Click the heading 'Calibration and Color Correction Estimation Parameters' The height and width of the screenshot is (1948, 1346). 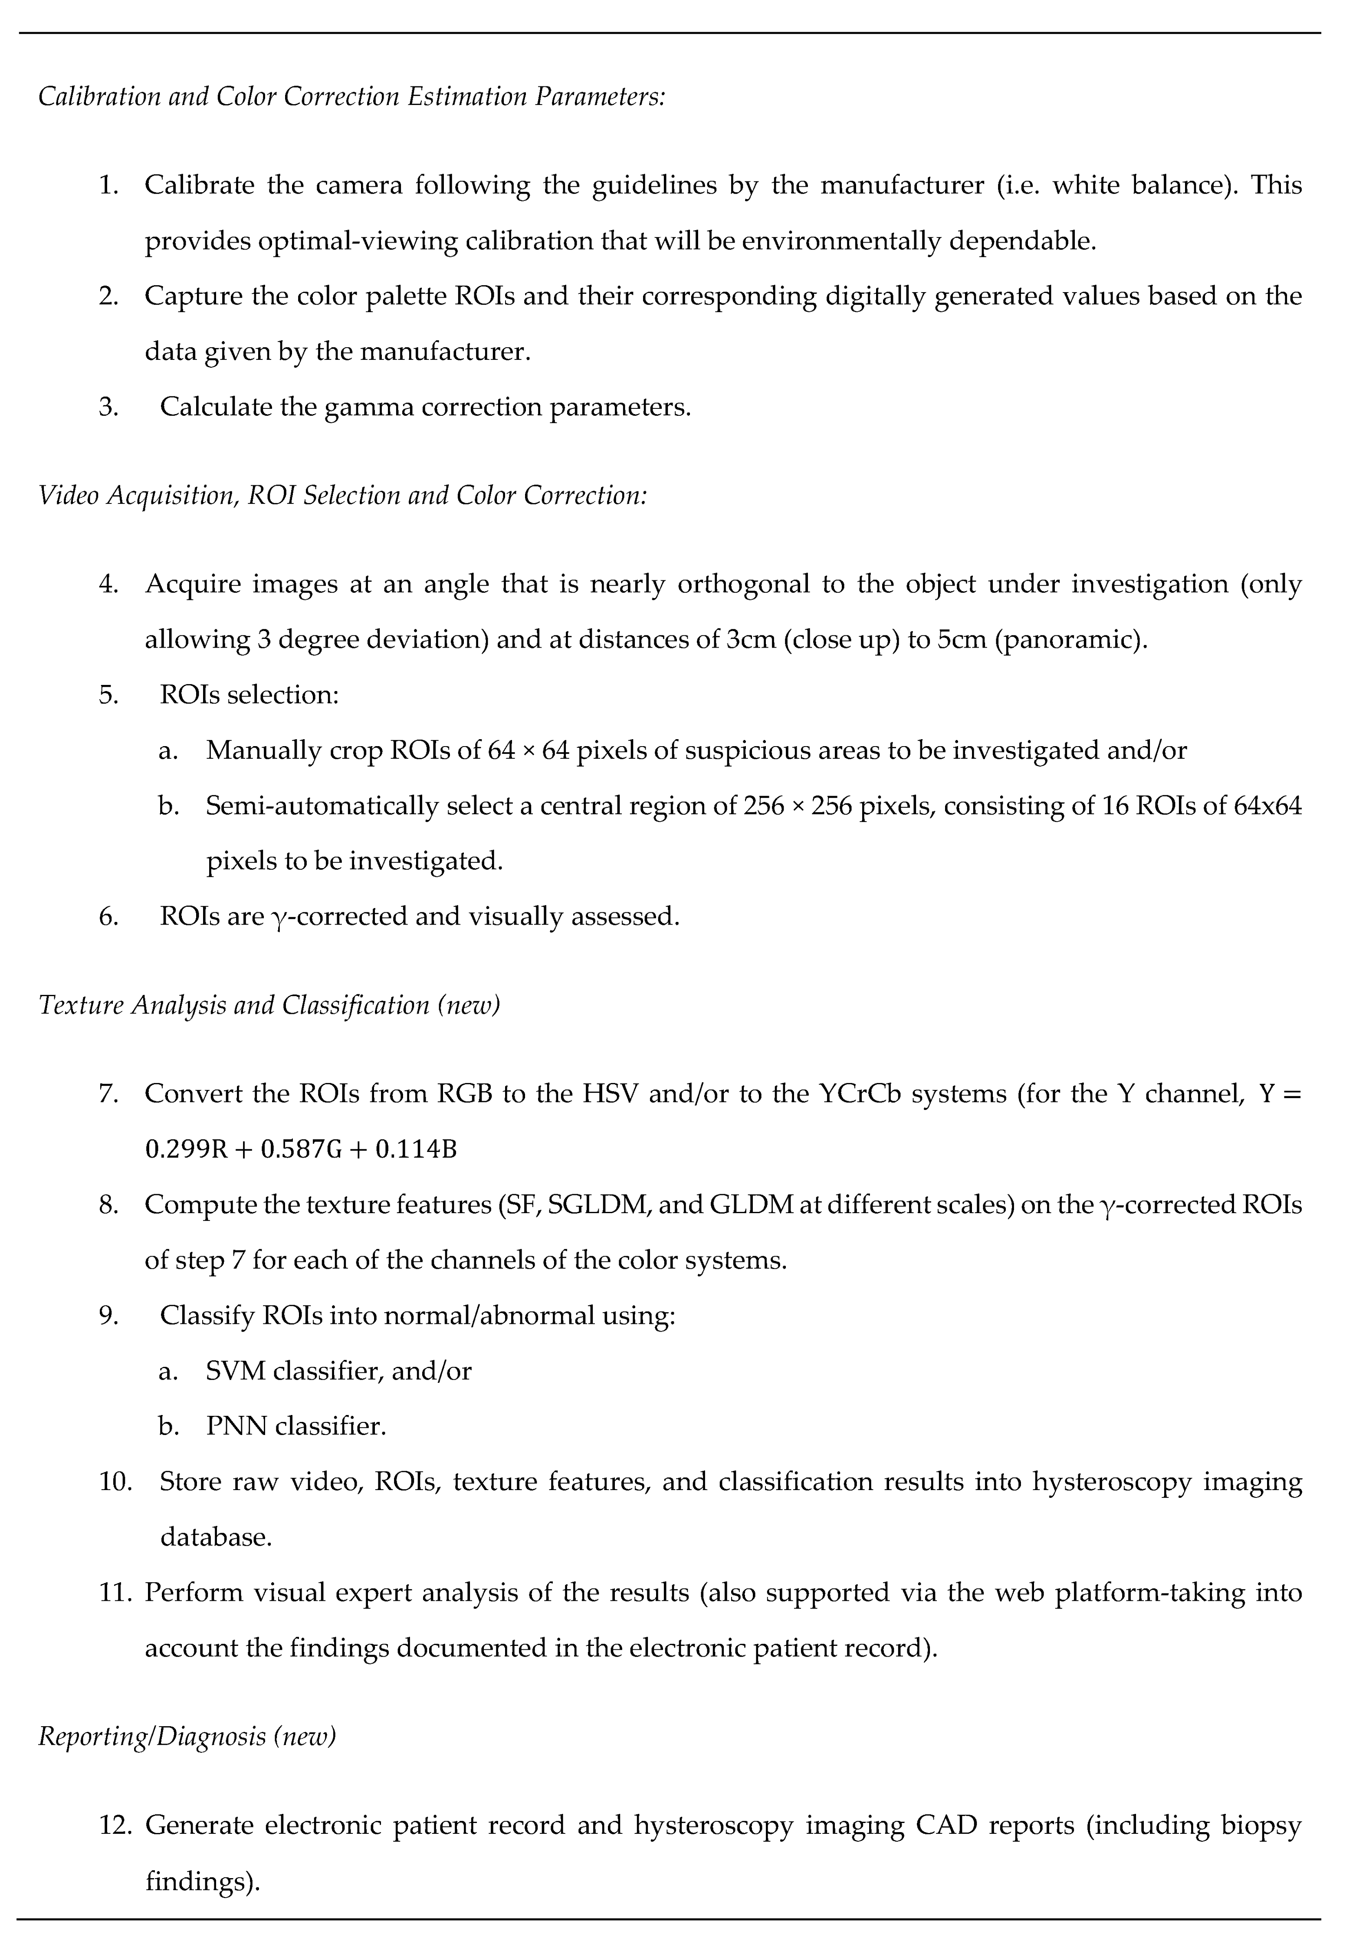351,96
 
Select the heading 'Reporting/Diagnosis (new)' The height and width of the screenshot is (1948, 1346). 187,1736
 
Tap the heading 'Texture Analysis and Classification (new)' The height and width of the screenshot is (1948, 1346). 269,1005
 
